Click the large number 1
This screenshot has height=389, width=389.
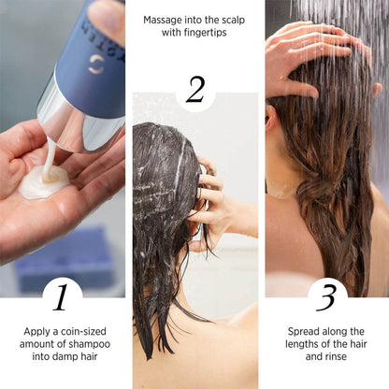point(61,297)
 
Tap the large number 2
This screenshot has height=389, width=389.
point(194,90)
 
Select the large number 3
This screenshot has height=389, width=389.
point(327,297)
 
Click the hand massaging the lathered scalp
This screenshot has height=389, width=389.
point(210,201)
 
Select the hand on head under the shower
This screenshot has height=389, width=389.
point(309,51)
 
